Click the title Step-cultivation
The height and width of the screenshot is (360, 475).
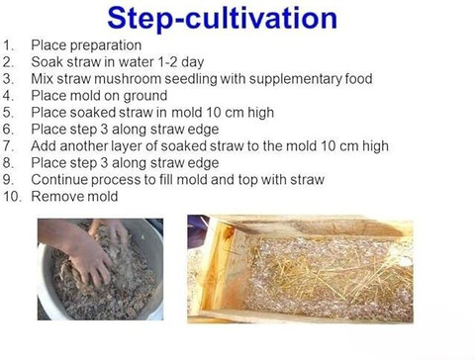(223, 18)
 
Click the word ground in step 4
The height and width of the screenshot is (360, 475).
(145, 96)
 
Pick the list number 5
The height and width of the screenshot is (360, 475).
(8, 113)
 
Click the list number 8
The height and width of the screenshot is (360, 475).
(8, 163)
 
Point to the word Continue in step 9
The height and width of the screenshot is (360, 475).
(59, 180)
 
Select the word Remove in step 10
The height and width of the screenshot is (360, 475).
(52, 197)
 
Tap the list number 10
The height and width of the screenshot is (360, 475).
(12, 197)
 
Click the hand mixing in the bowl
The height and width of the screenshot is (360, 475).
(86, 256)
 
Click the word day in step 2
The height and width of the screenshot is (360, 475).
(192, 62)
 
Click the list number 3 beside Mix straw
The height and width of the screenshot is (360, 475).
(8, 79)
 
